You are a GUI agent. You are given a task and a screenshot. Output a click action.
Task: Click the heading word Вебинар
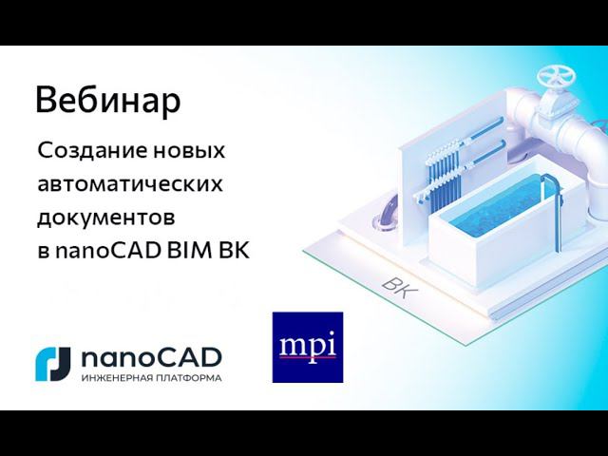tap(107, 101)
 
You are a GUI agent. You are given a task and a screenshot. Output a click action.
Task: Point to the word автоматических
tap(130, 183)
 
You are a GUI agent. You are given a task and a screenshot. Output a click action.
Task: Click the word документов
tap(106, 217)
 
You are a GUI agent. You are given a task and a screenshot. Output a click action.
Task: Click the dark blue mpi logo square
tap(307, 347)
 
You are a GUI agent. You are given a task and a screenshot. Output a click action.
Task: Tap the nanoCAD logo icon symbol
tap(53, 362)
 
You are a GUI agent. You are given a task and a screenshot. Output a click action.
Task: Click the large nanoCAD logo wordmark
tap(152, 357)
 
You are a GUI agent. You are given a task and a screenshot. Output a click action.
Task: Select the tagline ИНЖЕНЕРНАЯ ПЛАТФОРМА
tap(152, 377)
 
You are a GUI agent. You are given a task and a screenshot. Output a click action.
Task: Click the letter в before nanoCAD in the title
tap(44, 252)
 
